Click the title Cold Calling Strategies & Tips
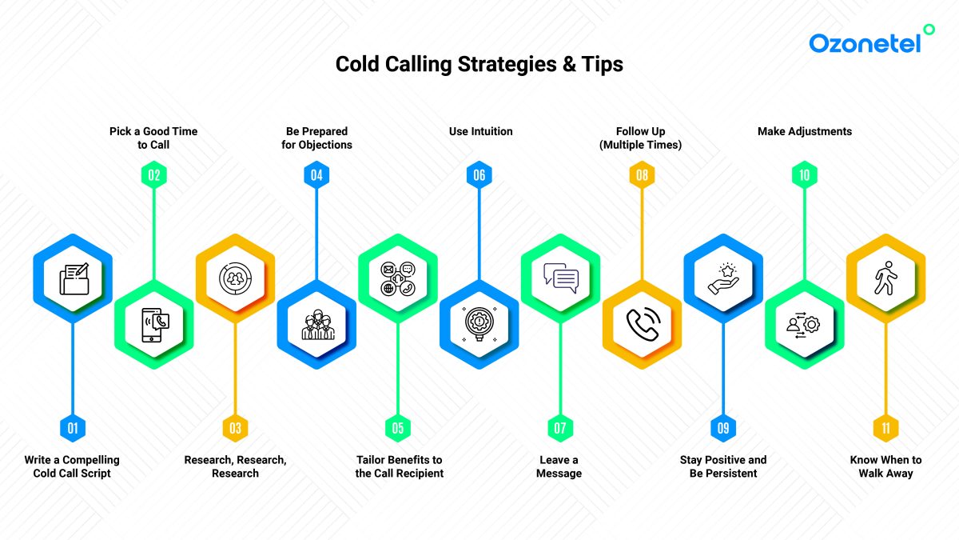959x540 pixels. (479, 64)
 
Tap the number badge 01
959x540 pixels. (73, 429)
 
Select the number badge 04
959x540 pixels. (316, 174)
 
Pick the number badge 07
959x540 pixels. (559, 429)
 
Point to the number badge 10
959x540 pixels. (804, 174)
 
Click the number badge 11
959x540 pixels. (885, 429)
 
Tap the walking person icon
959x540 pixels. (885, 279)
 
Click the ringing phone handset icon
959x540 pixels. (642, 324)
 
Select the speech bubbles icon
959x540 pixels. (560, 278)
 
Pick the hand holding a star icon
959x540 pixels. (723, 279)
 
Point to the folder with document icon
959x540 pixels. (73, 279)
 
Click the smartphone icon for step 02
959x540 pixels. (154, 324)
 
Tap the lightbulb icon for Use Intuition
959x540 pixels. (479, 324)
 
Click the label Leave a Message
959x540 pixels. (559, 466)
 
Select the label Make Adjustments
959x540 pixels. (804, 131)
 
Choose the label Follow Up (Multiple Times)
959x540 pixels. (641, 138)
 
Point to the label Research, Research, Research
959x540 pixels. (235, 466)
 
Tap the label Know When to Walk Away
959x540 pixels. (885, 466)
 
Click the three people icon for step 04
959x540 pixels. (316, 324)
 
